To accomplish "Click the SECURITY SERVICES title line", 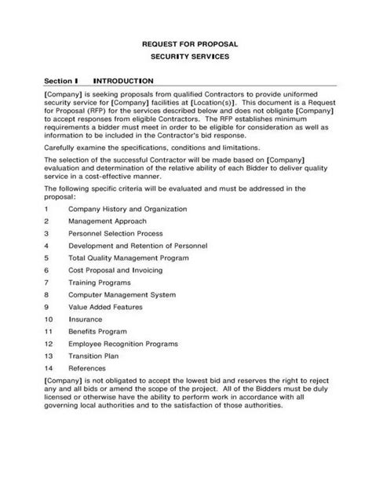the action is pyautogui.click(x=185, y=59).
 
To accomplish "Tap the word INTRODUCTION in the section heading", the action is pyautogui.click(x=123, y=81).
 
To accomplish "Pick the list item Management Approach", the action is pyautogui.click(x=107, y=221).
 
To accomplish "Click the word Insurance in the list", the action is pyautogui.click(x=86, y=319).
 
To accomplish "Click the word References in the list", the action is pyautogui.click(x=89, y=367).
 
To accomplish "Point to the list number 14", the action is pyautogui.click(x=49, y=367).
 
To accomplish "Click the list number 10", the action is pyautogui.click(x=49, y=319).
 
